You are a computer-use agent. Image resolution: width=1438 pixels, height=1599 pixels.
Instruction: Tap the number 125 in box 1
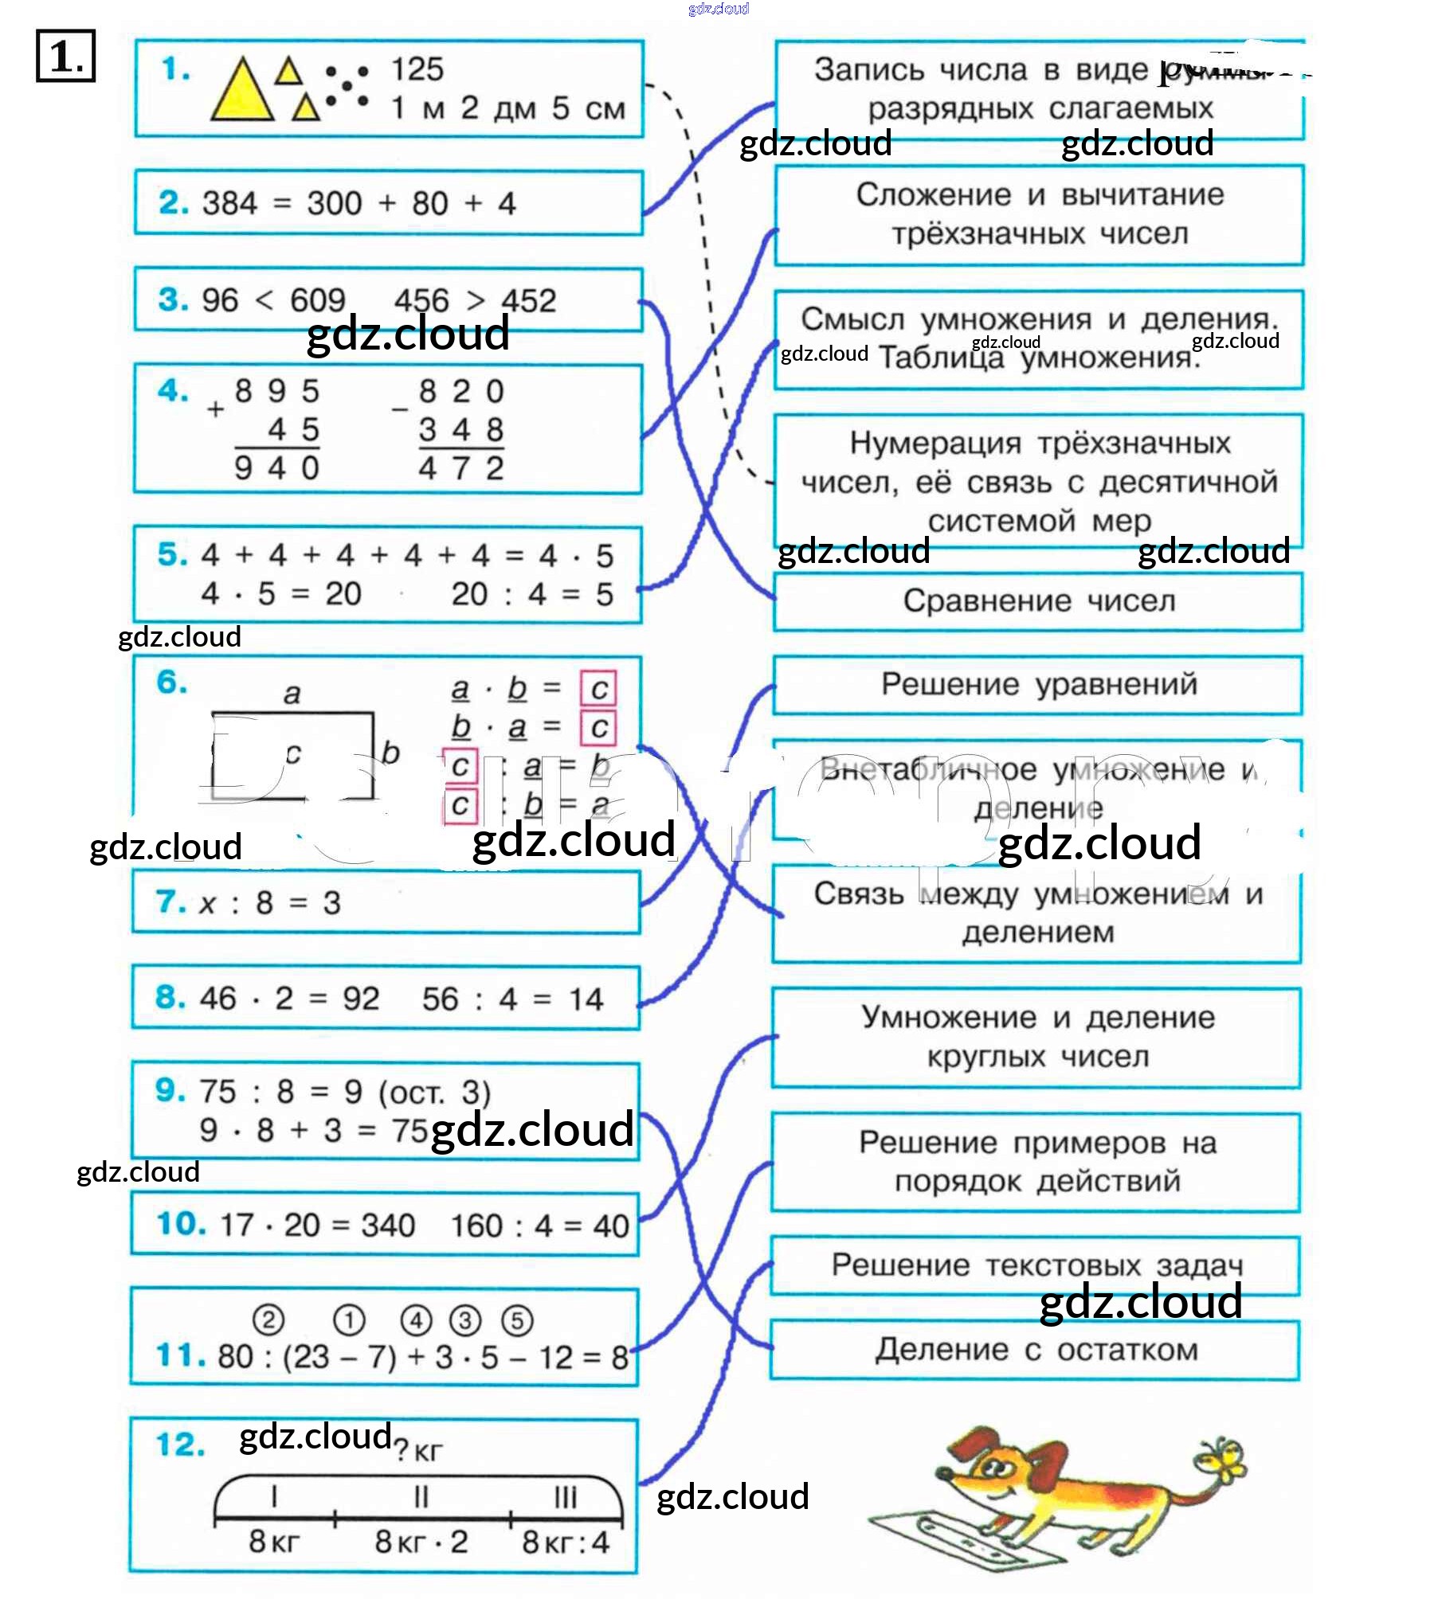pyautogui.click(x=417, y=70)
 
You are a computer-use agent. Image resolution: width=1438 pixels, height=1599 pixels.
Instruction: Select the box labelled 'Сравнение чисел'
pyautogui.click(x=1038, y=601)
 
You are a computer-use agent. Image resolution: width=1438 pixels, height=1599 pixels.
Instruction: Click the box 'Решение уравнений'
pyautogui.click(x=1038, y=685)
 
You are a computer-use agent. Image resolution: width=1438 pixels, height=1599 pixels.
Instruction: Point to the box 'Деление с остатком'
pyautogui.click(x=1036, y=1350)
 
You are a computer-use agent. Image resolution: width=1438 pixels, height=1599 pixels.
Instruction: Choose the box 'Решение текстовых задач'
pyautogui.click(x=1036, y=1265)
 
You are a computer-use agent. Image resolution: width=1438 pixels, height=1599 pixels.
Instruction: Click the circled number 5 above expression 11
pyautogui.click(x=517, y=1320)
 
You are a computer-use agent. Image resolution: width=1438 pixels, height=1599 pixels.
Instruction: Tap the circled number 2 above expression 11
pyautogui.click(x=268, y=1320)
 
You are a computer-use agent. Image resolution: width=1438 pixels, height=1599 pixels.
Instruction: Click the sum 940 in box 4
pyautogui.click(x=276, y=468)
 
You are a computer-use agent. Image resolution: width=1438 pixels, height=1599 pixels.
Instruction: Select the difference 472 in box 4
pyautogui.click(x=460, y=468)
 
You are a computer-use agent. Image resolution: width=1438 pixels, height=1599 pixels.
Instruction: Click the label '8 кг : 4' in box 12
pyautogui.click(x=565, y=1542)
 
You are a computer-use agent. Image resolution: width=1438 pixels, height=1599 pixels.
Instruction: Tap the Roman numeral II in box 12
pyautogui.click(x=421, y=1497)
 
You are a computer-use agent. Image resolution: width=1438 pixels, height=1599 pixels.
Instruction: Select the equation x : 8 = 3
pyautogui.click(x=271, y=903)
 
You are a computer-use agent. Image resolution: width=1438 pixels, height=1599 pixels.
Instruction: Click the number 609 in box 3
pyautogui.click(x=317, y=301)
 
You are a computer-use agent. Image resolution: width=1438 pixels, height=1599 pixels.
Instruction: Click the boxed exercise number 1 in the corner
pyautogui.click(x=65, y=56)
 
